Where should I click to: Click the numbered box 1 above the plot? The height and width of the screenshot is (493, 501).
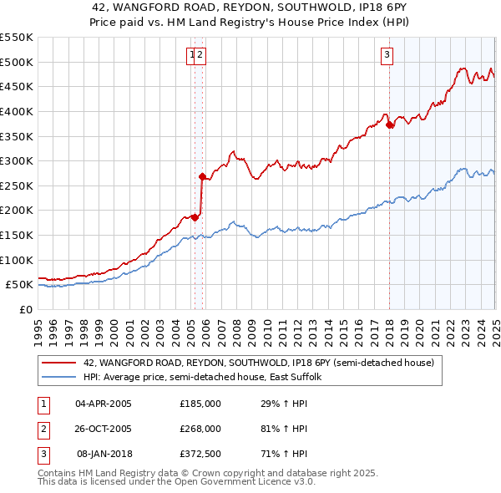coord(193,56)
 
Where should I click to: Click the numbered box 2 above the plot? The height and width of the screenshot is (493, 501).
coord(201,56)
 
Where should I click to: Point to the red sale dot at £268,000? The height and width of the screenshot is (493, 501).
coord(202,176)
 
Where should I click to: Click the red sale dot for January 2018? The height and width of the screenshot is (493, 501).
coord(389,125)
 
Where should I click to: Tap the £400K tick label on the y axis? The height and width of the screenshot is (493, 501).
coord(18,111)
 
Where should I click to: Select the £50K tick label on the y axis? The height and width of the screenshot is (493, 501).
coord(21,285)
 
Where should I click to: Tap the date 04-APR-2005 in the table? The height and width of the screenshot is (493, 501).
coord(104,404)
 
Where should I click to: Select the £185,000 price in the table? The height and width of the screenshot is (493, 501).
coord(200,404)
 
